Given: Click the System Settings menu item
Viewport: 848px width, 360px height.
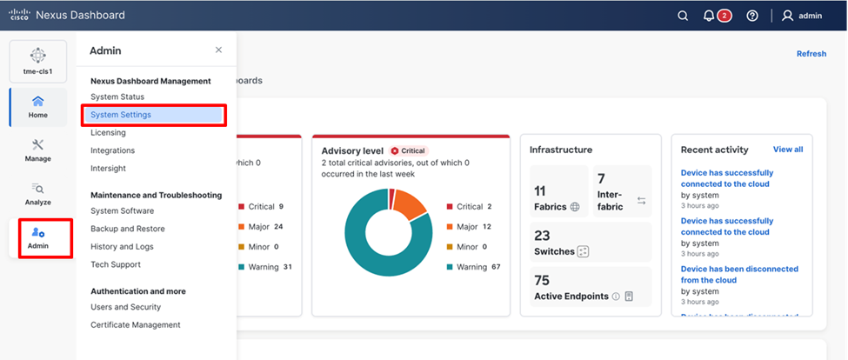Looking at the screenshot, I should [x=121, y=115].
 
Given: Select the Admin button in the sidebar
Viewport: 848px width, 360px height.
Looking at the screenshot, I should [x=37, y=237].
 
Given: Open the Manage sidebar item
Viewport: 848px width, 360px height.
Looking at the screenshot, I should [x=37, y=150].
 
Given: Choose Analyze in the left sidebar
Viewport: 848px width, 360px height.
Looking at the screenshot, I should [x=37, y=193].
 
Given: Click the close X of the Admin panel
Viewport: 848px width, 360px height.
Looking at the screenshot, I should [x=218, y=50].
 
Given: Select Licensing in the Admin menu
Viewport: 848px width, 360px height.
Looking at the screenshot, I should [x=108, y=133].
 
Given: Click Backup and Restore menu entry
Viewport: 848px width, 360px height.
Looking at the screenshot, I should [x=127, y=229].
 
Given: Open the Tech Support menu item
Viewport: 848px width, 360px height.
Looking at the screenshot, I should [x=115, y=264].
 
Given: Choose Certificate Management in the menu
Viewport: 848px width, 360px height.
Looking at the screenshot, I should [x=135, y=325].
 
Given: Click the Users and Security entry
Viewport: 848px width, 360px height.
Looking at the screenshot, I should [x=125, y=307].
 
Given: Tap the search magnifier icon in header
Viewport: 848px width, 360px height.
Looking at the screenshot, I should [x=683, y=16].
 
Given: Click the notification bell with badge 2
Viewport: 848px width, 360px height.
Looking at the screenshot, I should [x=710, y=16].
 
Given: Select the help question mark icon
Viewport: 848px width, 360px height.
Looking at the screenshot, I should [x=752, y=16].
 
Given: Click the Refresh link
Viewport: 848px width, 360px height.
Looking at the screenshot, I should [x=811, y=54].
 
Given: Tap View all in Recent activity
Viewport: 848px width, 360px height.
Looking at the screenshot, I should [x=788, y=150].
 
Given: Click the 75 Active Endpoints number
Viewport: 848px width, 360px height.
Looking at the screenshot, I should [x=542, y=281].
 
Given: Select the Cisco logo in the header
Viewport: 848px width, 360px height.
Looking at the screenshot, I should [x=19, y=15].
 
